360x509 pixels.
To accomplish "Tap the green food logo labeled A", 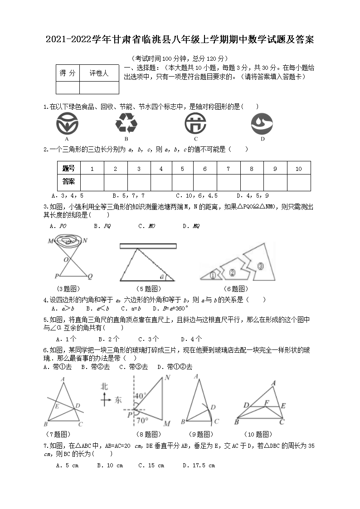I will pyautogui.click(x=67, y=123).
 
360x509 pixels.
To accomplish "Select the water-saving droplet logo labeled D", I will pyautogui.click(x=262, y=123).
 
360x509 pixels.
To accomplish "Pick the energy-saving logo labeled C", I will pyautogui.click(x=196, y=123).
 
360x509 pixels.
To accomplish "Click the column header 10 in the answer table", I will pyautogui.click(x=298, y=169).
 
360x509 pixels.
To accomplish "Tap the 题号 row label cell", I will pyautogui.click(x=69, y=169).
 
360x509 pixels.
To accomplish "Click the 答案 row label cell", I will pyautogui.click(x=69, y=182).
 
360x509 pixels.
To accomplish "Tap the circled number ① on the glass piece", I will pyautogui.click(x=213, y=275).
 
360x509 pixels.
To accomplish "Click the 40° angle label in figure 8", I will pyautogui.click(x=140, y=395).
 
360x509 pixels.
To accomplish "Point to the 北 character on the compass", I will pyautogui.click(x=105, y=387).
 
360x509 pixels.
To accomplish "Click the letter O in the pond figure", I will pyautogui.click(x=66, y=260).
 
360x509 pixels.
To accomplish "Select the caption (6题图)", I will pyautogui.click(x=236, y=289).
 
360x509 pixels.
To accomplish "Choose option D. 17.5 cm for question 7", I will pyautogui.click(x=199, y=465).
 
